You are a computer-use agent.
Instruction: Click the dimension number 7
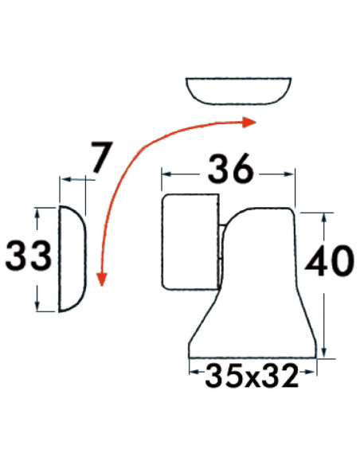pyautogui.click(x=97, y=159)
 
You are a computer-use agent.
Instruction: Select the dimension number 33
pyautogui.click(x=29, y=256)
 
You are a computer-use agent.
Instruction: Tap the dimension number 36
pyautogui.click(x=230, y=169)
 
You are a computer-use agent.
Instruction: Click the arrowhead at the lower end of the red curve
pyautogui.click(x=100, y=279)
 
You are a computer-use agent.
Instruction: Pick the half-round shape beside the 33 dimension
pyautogui.click(x=72, y=258)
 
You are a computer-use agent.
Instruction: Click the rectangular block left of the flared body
pyautogui.click(x=190, y=241)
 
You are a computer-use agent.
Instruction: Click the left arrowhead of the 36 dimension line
pyautogui.click(x=166, y=171)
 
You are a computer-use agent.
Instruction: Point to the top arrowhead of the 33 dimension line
pyautogui.click(x=37, y=211)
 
